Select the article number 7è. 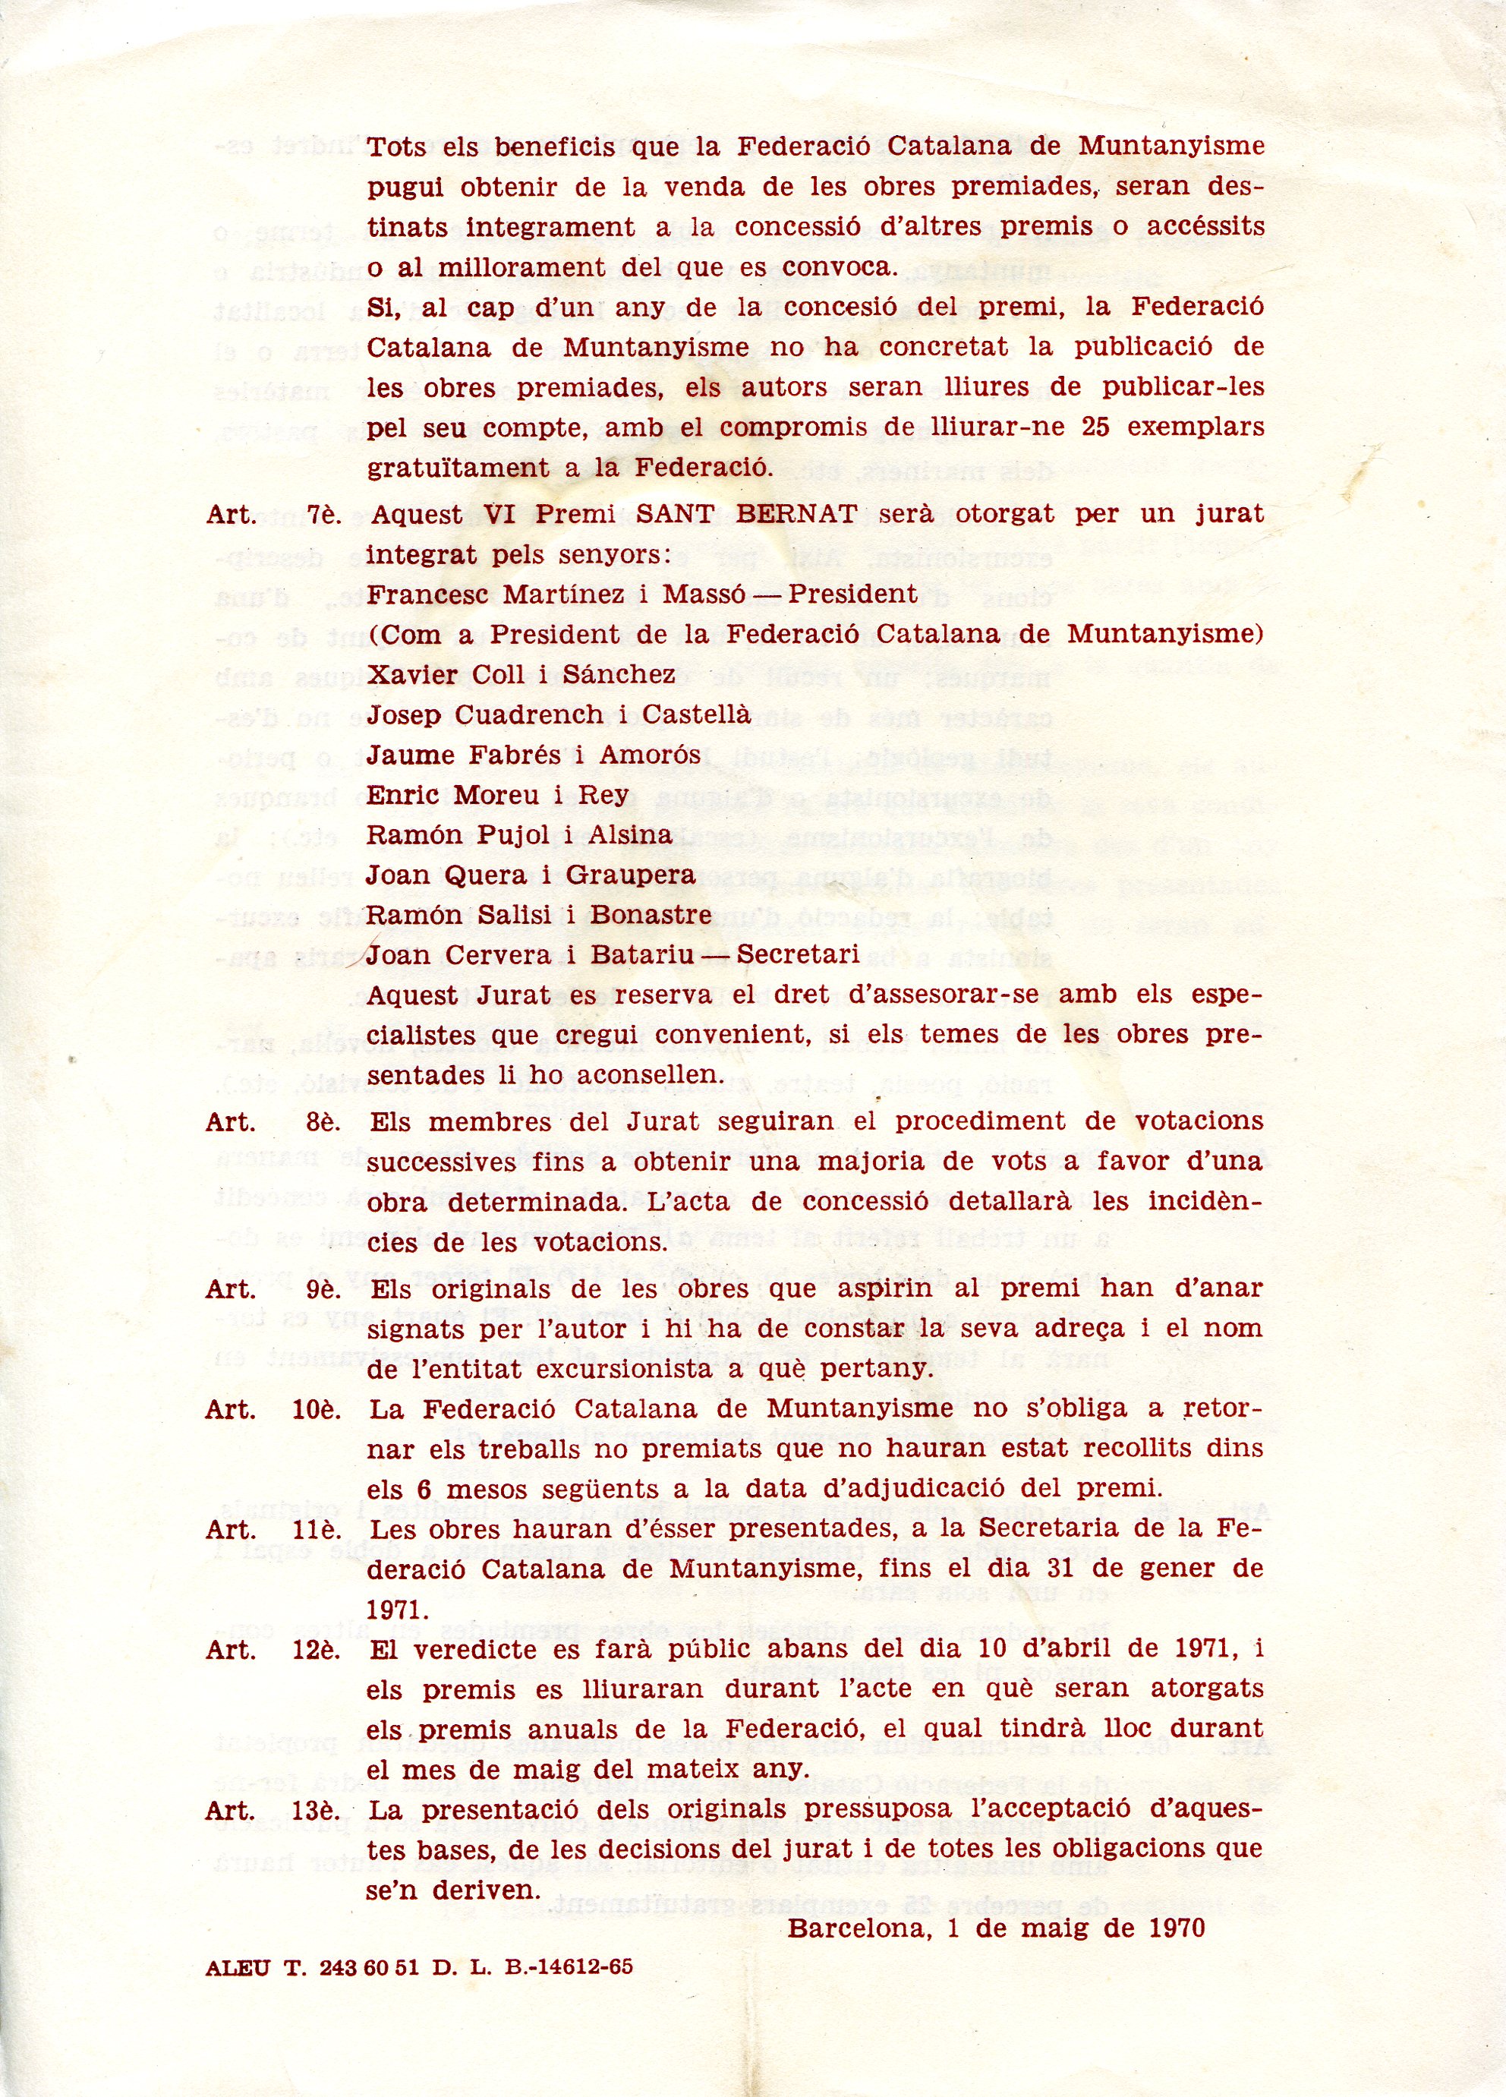pyautogui.click(x=323, y=515)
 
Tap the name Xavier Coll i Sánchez pyautogui.click(x=521, y=674)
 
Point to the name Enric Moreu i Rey pyautogui.click(x=497, y=794)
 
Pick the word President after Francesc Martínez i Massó pyautogui.click(x=852, y=594)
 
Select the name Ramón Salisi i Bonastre pyautogui.click(x=539, y=914)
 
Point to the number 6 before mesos pyautogui.click(x=424, y=1490)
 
